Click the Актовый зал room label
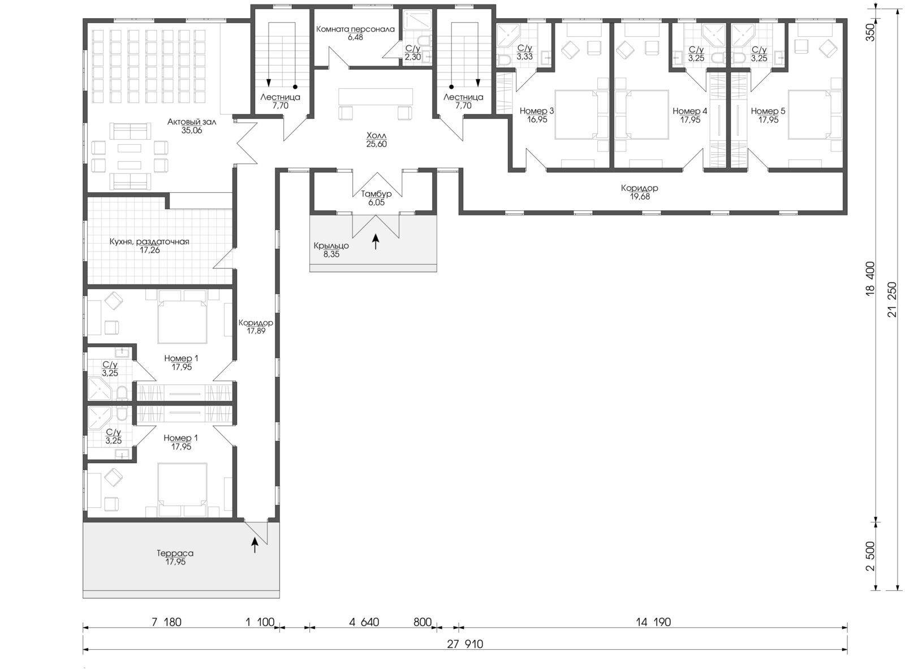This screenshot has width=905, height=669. point(192,122)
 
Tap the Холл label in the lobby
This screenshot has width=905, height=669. point(376,135)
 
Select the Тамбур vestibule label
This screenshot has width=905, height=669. point(376,194)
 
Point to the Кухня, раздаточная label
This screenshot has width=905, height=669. point(149,241)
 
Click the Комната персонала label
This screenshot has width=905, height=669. point(355,29)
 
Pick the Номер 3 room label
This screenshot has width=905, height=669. point(537,111)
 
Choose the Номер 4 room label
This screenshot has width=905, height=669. point(690,111)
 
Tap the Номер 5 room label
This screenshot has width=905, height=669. point(768,111)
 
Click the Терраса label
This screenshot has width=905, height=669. point(175,553)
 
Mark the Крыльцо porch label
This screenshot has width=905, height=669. point(331,246)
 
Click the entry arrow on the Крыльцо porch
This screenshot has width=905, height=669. point(376,242)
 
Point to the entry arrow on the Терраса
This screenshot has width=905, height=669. point(255,545)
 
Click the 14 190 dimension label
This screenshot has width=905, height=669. point(653,622)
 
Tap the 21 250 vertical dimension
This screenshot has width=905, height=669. point(893,300)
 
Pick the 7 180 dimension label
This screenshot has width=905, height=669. point(166,622)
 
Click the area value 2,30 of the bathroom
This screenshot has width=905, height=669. point(413,57)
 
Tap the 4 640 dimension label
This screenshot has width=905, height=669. point(364,622)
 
